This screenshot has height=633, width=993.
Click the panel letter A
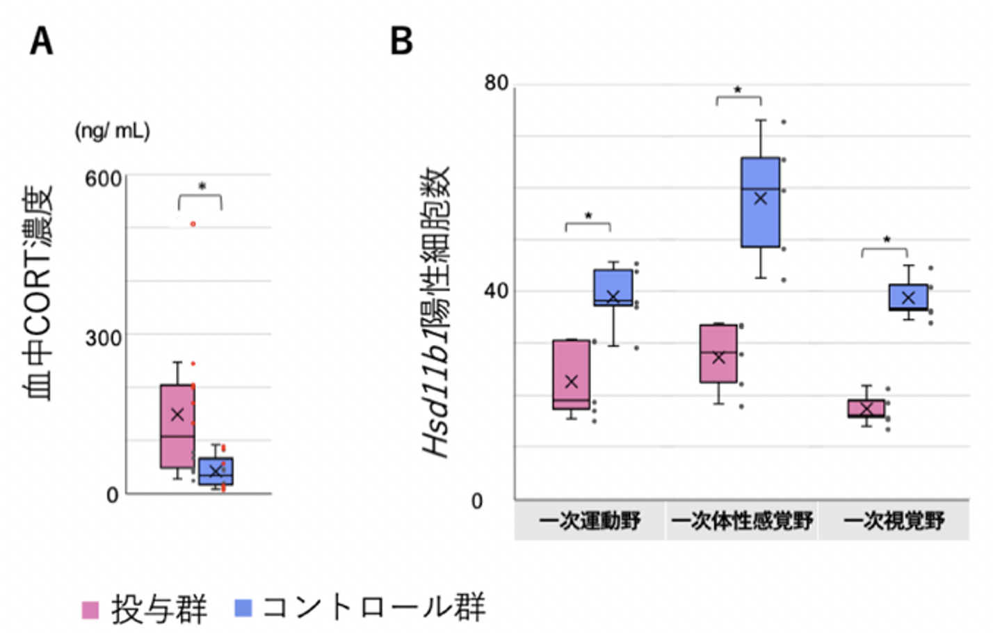pos(42,41)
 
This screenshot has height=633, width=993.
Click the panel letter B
pos(401,41)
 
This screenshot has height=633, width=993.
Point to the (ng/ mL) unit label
pos(112,131)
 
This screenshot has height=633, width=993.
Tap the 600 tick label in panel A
pos(103,179)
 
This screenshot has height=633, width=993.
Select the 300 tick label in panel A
pos(103,338)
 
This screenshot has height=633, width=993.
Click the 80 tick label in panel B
pos(496,83)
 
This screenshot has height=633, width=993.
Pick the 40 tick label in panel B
pos(496,291)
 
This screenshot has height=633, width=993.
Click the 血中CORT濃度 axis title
pos(39,293)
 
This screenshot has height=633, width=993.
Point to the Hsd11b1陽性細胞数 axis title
pos(437,312)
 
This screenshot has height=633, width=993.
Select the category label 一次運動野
pos(589,521)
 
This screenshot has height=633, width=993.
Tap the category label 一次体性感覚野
pos(742,521)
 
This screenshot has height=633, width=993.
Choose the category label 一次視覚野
pos(894,521)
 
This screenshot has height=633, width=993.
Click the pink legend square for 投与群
pos(90,609)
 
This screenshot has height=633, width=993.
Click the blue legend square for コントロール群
pos(243,608)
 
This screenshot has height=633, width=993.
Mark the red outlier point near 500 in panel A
pos(193,224)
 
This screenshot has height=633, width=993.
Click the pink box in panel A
pos(177,426)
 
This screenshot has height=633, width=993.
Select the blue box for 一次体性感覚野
pos(760,202)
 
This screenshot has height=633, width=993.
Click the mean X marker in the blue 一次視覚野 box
pos(908,298)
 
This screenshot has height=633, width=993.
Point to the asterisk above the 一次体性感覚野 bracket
pos(738,90)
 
